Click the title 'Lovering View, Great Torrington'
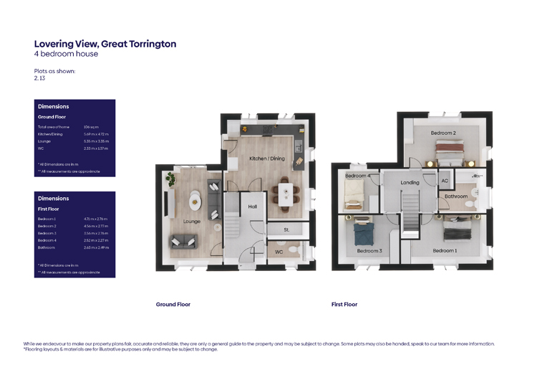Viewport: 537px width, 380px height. tap(105, 44)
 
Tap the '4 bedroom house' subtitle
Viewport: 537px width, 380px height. tap(66, 54)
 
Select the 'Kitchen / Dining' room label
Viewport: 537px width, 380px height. tap(266, 158)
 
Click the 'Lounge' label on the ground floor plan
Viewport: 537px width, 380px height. tap(192, 222)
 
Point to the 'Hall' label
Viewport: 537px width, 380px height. tap(253, 206)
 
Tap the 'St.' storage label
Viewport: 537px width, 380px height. tap(286, 230)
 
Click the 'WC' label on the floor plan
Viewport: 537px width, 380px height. tap(279, 252)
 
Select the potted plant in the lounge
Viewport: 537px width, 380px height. tap(170, 179)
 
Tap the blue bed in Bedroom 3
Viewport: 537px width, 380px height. tap(362, 233)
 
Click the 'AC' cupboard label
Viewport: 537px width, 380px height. tap(445, 181)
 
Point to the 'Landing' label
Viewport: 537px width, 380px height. tap(410, 183)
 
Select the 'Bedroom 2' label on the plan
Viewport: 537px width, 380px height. tap(443, 133)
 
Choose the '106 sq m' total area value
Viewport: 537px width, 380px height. tap(91, 126)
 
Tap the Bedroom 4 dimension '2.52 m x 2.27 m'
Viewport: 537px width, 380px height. tap(95, 241)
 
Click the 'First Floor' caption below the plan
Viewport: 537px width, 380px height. tap(344, 305)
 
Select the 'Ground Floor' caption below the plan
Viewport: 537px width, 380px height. tap(173, 305)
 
